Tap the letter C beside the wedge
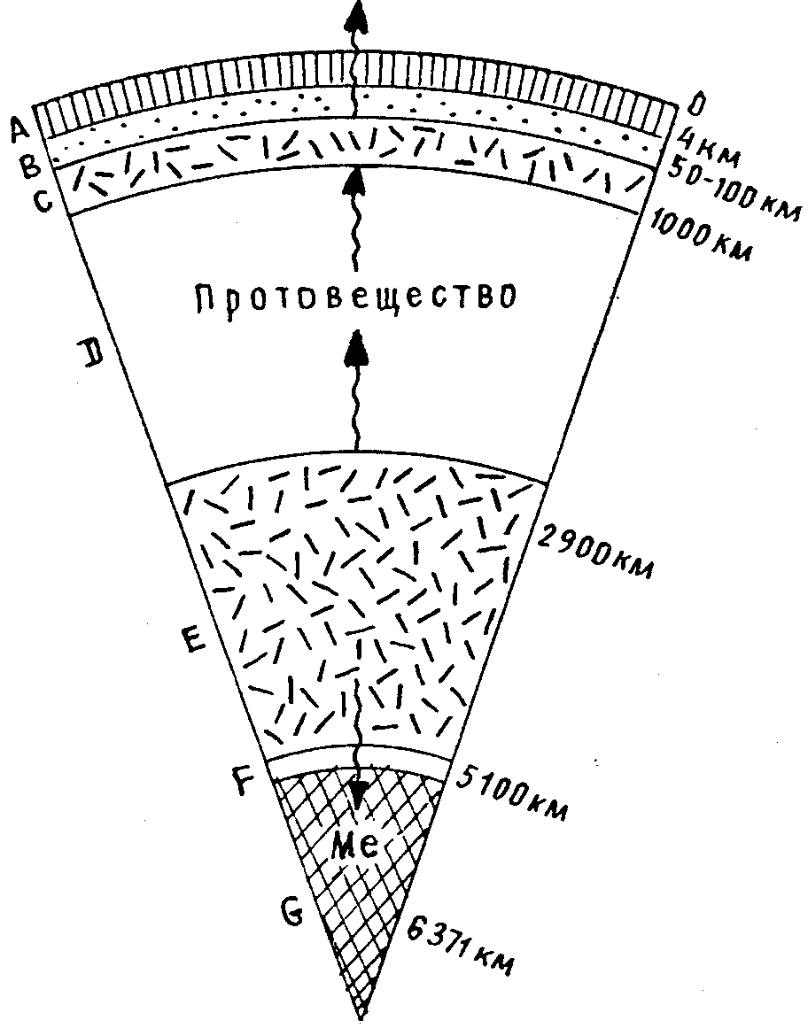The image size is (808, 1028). [42, 200]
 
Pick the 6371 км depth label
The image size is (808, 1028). [462, 946]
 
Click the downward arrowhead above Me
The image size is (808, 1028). [358, 793]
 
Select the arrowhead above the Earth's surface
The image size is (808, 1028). [356, 15]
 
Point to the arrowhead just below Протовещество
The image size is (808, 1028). [356, 345]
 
